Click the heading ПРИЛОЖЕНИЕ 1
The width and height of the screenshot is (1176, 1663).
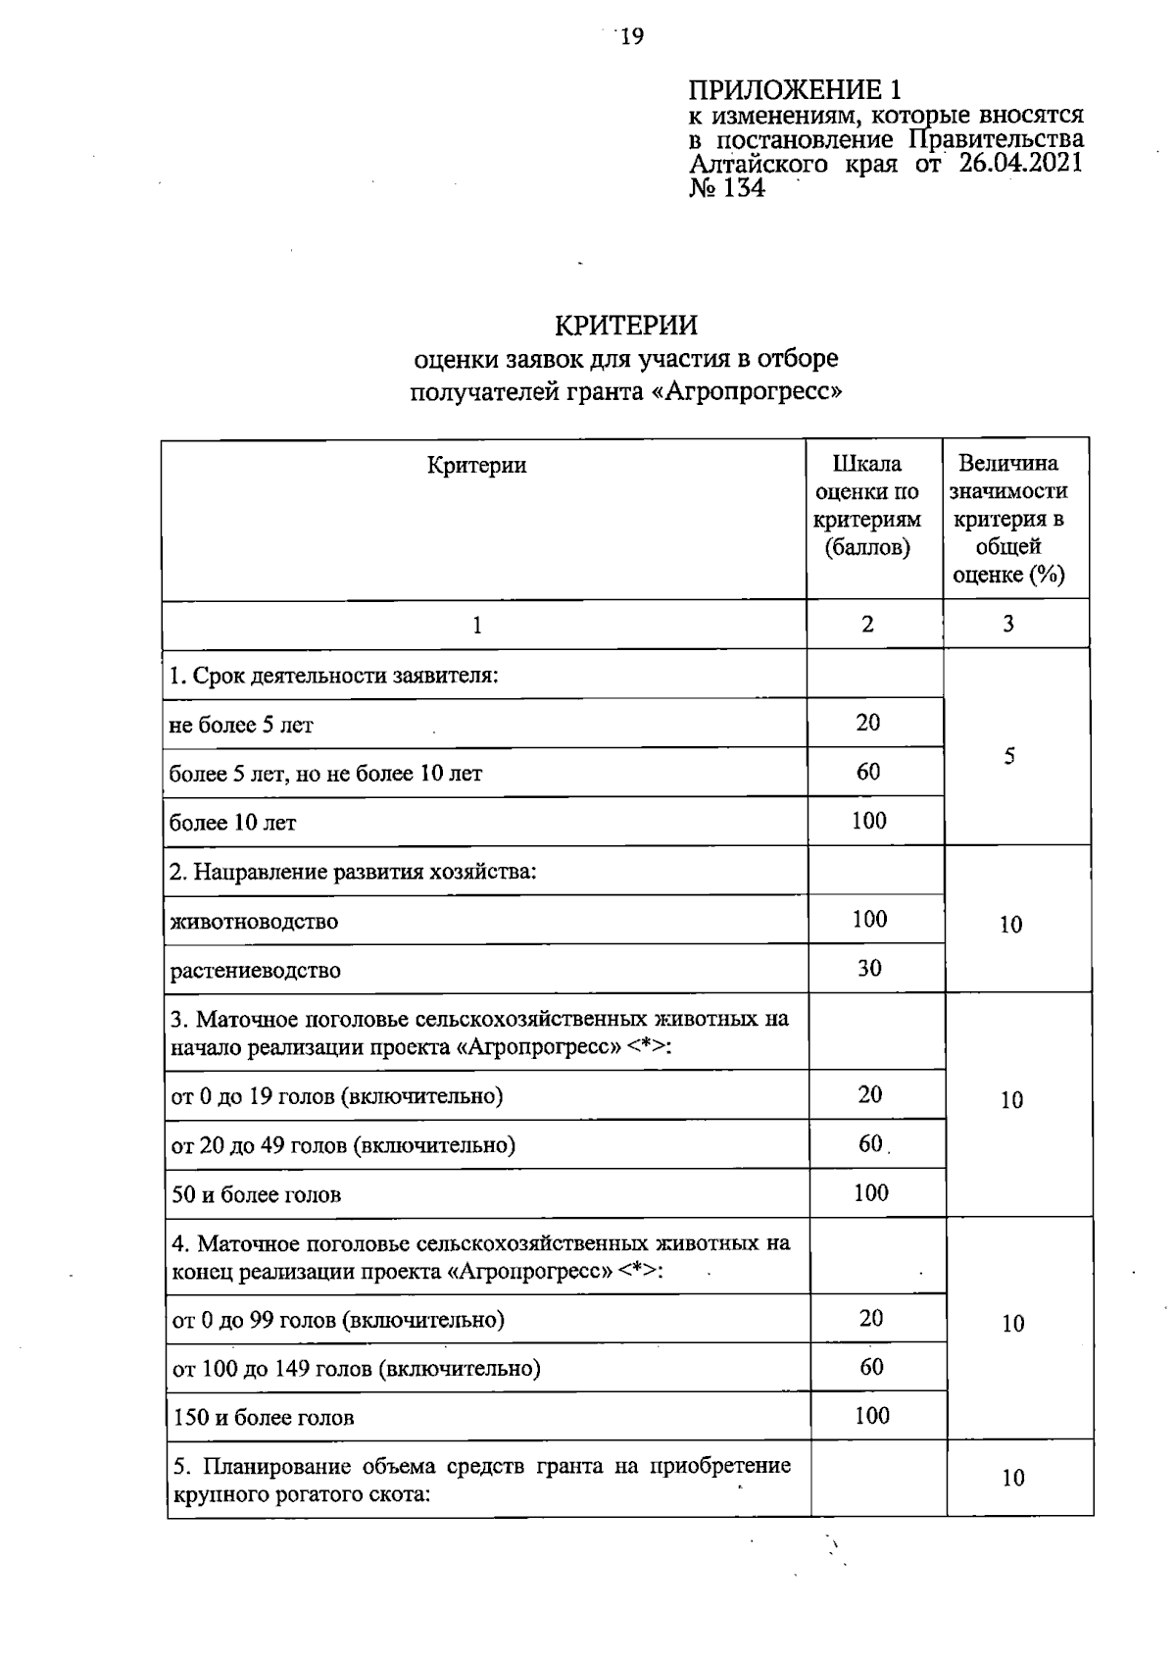pos(794,91)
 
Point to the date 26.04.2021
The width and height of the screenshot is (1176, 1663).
pos(1020,163)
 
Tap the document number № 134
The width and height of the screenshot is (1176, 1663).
pos(727,188)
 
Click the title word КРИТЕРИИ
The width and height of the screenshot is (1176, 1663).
pos(626,325)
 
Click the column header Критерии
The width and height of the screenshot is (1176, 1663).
pos(476,465)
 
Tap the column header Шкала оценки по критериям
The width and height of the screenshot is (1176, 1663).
pos(867,505)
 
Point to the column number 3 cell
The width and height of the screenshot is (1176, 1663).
pos(1008,624)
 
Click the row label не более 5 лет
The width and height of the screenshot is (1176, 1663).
pos(241,726)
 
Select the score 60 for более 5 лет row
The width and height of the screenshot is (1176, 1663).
pos(868,772)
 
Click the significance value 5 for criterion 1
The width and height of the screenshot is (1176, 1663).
pos(1009,756)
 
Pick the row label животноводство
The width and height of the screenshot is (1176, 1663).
pos(254,922)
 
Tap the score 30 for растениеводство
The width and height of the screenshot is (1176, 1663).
pos(869,969)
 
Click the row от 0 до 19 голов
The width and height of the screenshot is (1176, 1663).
pos(337,1095)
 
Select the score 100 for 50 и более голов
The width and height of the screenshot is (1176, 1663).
pos(870,1192)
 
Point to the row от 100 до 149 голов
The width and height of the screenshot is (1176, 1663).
pos(357,1368)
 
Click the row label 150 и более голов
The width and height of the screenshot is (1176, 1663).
pos(264,1417)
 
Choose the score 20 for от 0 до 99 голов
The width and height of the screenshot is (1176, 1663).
pos(871,1318)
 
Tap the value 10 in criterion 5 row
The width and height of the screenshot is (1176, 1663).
pos(1012,1478)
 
